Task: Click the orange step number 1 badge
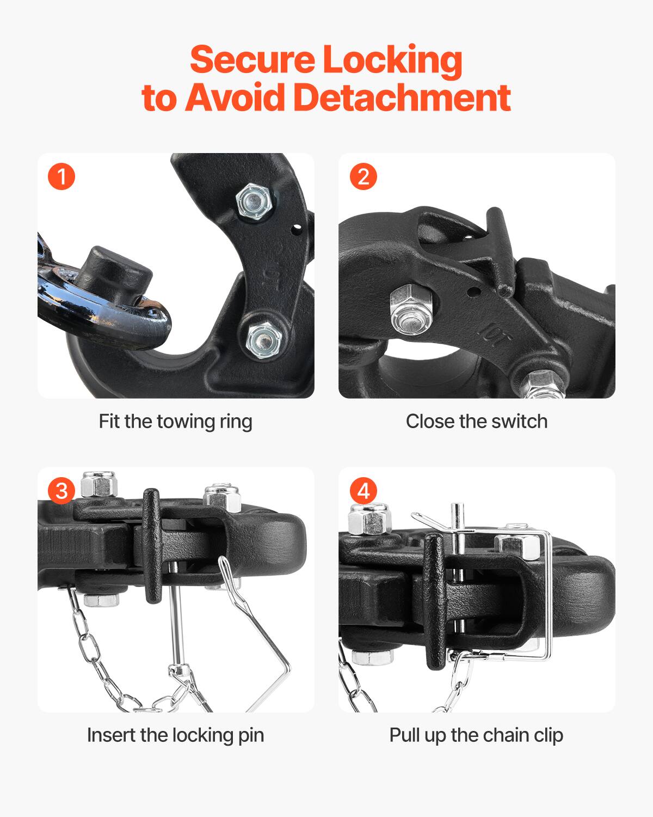[x=61, y=177]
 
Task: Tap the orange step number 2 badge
[x=363, y=177]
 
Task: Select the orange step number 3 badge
[x=61, y=491]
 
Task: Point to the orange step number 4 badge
[x=363, y=491]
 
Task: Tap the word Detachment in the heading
[x=402, y=97]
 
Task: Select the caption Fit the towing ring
[x=175, y=422]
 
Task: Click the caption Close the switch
[x=476, y=422]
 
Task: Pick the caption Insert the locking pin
[x=175, y=735]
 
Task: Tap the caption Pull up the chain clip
[x=476, y=735]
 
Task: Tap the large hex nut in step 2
[x=410, y=310]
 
